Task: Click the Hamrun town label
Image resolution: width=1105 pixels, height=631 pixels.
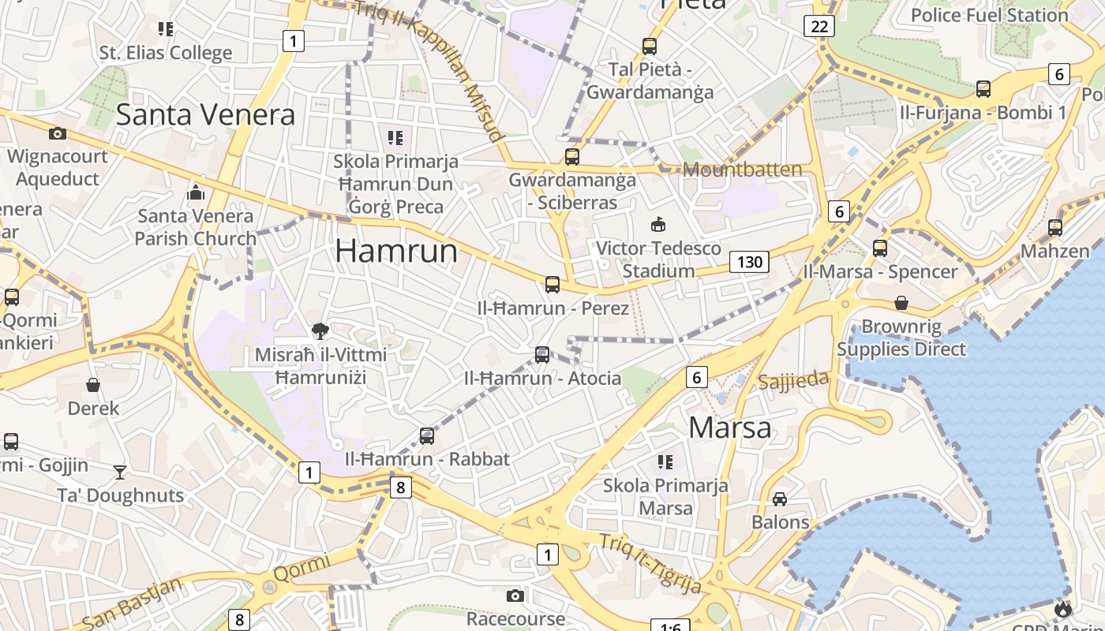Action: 396,251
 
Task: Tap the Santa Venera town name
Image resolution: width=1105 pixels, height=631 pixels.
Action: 205,114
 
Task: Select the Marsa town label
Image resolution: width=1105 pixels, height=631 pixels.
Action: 730,428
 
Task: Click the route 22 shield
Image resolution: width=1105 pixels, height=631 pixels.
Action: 819,26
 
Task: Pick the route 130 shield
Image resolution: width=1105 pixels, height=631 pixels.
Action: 749,261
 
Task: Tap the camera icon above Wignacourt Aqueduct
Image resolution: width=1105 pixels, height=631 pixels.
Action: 57,133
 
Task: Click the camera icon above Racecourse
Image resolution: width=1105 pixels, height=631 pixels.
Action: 515,595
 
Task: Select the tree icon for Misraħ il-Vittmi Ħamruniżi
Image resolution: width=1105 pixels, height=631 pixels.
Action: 320,330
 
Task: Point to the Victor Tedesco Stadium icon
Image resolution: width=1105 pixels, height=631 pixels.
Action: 657,225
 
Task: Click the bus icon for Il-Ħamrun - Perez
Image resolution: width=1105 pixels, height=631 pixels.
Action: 552,285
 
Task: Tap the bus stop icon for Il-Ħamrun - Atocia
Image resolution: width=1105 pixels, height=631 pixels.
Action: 542,355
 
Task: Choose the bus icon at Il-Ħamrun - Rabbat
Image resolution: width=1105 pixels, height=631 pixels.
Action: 427,435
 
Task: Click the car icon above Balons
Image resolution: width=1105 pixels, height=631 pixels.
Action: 780,498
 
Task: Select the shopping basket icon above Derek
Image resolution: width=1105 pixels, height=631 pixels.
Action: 93,385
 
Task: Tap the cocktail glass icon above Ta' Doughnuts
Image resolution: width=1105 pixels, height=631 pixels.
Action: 120,472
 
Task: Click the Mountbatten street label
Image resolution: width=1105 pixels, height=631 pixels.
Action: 742,169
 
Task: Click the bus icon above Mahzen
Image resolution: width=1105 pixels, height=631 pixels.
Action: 1055,228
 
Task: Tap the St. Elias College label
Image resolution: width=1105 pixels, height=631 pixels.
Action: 166,53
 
